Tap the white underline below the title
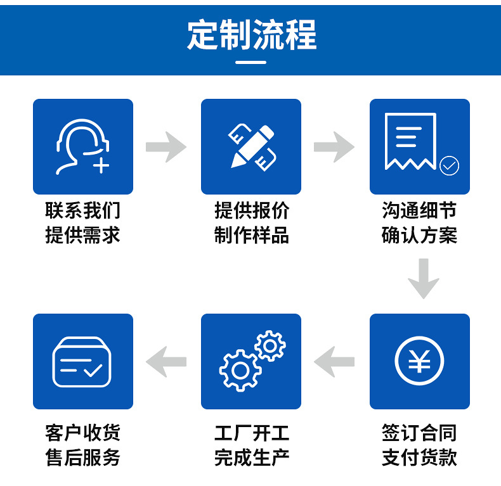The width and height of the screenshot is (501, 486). point(251,62)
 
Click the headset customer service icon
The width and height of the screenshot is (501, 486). point(82,146)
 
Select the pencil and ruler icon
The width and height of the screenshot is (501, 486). point(251,147)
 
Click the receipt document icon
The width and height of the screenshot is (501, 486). point(410,143)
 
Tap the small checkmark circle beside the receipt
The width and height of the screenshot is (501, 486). point(449,165)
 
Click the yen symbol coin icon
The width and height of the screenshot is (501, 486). point(419,362)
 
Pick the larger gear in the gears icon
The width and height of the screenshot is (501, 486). point(240,370)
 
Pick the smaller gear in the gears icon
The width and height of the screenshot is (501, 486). point(270,346)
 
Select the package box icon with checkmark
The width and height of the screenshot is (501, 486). point(82,362)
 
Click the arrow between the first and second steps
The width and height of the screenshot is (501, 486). point(166,147)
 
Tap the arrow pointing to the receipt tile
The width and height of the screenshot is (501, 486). point(334,147)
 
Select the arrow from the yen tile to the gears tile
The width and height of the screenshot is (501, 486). point(334,362)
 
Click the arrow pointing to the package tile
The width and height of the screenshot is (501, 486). point(166,362)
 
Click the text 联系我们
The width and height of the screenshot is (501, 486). point(82,210)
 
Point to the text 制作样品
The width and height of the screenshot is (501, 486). point(251,236)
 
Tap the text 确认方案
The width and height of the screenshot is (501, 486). point(419,236)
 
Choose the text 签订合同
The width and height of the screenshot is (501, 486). point(419,433)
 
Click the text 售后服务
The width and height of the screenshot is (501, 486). point(82,457)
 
